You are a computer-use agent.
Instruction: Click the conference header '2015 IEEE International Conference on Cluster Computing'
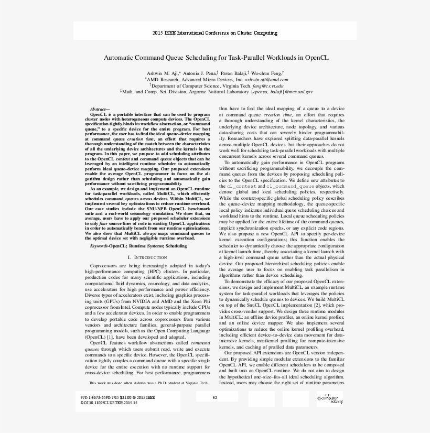(214, 33)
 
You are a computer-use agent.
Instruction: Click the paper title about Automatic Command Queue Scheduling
(215, 58)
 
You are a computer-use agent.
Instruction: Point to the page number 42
(214, 398)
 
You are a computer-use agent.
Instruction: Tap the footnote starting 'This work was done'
(149, 383)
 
